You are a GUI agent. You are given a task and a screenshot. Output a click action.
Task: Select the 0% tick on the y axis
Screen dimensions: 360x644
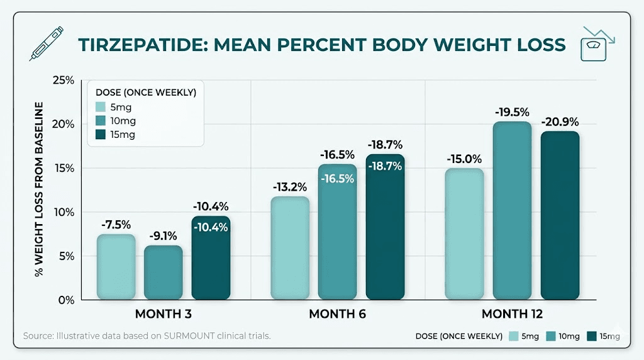pyautogui.click(x=66, y=300)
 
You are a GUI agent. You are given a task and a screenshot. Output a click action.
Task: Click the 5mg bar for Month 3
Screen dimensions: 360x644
pyautogui.click(x=116, y=267)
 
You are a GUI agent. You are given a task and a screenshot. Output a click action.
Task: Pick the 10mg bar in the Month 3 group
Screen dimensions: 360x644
pyautogui.click(x=164, y=273)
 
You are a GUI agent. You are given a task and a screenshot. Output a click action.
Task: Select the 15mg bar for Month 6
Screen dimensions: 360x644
pyautogui.click(x=385, y=227)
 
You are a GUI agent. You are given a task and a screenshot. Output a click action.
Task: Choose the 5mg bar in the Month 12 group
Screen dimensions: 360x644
pyautogui.click(x=465, y=233)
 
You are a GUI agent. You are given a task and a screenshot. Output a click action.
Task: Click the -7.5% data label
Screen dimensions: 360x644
pyautogui.click(x=116, y=225)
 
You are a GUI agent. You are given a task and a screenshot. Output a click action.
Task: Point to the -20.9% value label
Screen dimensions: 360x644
pyautogui.click(x=560, y=121)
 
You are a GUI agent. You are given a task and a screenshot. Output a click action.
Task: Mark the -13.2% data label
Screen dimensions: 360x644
pyautogui.click(x=290, y=187)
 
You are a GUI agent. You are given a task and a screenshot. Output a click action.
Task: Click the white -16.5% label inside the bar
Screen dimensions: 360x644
pyautogui.click(x=337, y=178)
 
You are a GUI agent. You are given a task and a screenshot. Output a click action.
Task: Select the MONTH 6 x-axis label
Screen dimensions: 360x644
pyautogui.click(x=337, y=314)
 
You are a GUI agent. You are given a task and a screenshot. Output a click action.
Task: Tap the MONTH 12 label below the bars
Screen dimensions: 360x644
pyautogui.click(x=512, y=314)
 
